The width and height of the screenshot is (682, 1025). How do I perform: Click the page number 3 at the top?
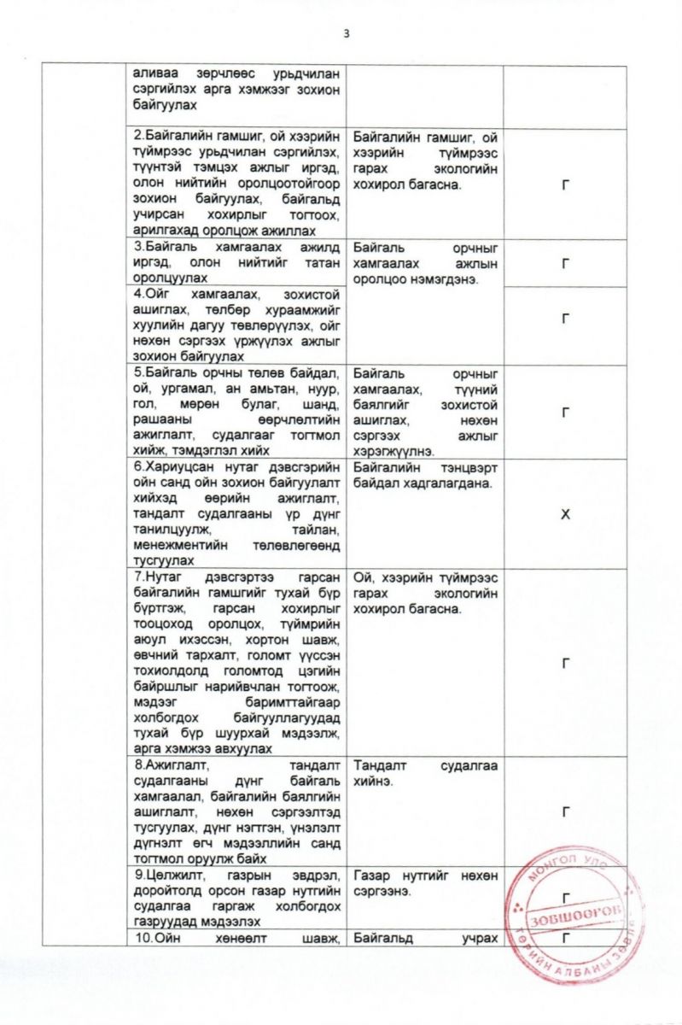point(347,33)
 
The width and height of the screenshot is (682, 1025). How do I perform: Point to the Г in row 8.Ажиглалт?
point(564,811)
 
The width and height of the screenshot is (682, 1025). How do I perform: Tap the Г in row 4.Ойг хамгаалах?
point(564,319)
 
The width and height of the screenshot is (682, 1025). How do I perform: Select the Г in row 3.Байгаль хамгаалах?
point(564,263)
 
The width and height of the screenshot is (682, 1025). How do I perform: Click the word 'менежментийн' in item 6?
point(174,546)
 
